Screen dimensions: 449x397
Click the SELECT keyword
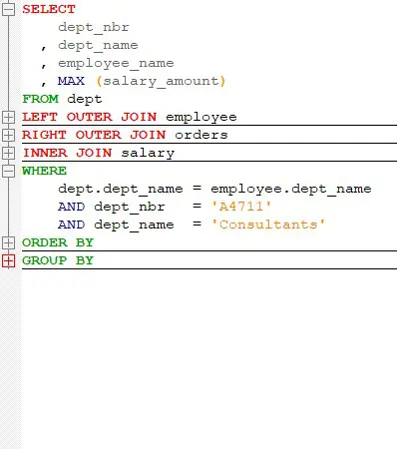[48, 9]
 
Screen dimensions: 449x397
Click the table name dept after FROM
[84, 99]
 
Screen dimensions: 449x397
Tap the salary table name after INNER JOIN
[148, 153]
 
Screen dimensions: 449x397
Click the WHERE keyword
[44, 171]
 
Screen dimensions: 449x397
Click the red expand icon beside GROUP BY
[9, 260]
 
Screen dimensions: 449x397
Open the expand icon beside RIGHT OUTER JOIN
[9, 135]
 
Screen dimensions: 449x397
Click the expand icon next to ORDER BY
[9, 242]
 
